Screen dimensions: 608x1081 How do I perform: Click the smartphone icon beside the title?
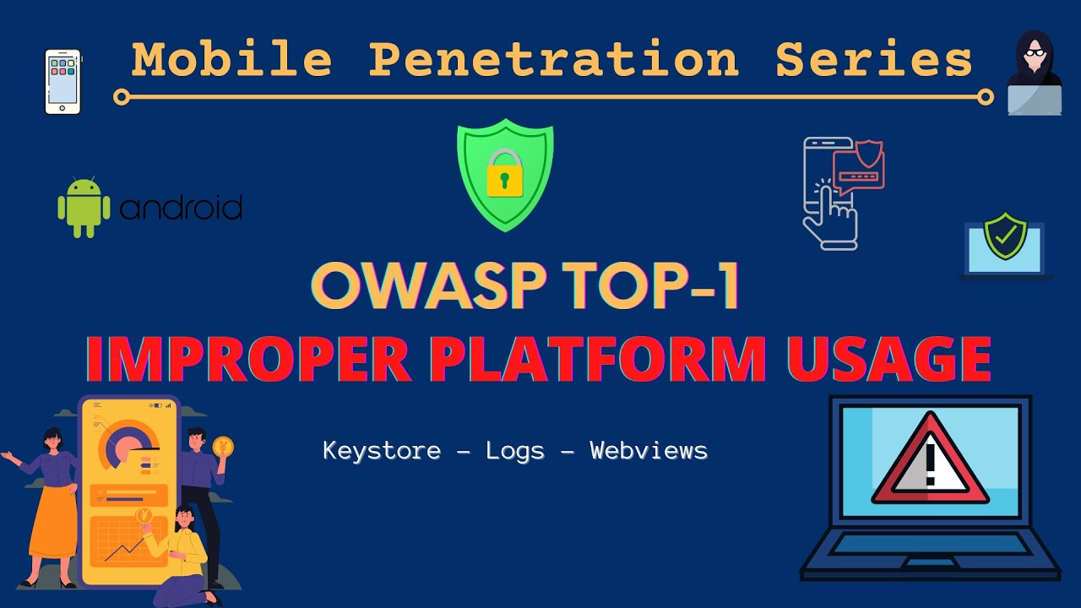click(x=62, y=82)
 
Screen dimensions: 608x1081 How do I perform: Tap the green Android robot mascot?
click(x=84, y=207)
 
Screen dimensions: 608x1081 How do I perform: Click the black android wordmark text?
click(x=181, y=207)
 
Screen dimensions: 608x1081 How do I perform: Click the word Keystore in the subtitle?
click(x=382, y=451)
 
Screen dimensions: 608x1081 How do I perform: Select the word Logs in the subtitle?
click(x=515, y=451)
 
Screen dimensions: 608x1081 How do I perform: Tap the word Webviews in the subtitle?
click(x=649, y=451)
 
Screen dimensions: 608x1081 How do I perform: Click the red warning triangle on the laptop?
click(x=930, y=460)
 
